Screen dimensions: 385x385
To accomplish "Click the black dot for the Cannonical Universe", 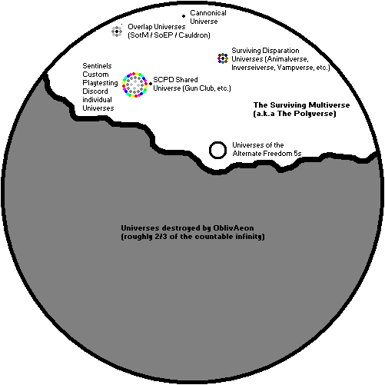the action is pyautogui.click(x=184, y=16).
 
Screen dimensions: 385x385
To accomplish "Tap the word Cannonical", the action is pyautogui.click(x=208, y=13).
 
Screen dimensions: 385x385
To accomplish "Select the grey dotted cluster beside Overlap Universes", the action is pyautogui.click(x=117, y=32).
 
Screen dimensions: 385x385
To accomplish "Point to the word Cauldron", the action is pyautogui.click(x=194, y=35).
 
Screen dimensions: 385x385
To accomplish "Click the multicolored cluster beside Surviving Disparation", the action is pyautogui.click(x=223, y=58).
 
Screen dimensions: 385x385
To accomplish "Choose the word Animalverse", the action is pyautogui.click(x=287, y=59).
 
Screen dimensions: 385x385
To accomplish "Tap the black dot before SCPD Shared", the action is pyautogui.click(x=151, y=84).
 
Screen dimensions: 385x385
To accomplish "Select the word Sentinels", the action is pyautogui.click(x=97, y=66).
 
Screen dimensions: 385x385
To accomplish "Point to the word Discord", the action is pyautogui.click(x=95, y=91).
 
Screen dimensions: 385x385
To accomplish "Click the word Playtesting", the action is pyautogui.click(x=100, y=83).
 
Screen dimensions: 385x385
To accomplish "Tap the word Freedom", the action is pyautogui.click(x=278, y=154).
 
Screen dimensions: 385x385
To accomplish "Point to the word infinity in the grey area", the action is pyautogui.click(x=249, y=237).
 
